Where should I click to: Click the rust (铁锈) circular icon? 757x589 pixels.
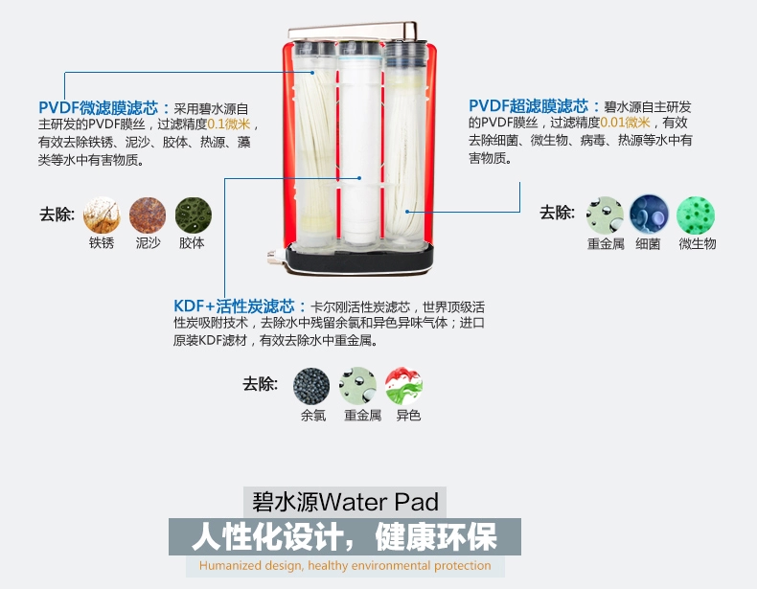(102, 215)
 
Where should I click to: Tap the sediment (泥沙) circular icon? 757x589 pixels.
(148, 215)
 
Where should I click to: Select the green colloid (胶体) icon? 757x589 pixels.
(194, 215)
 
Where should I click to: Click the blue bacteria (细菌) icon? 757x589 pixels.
(650, 215)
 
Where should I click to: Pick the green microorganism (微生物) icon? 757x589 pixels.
(696, 215)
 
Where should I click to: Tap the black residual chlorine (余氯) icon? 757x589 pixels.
(311, 386)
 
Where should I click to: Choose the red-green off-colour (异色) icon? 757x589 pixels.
(404, 386)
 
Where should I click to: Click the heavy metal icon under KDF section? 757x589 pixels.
(357, 386)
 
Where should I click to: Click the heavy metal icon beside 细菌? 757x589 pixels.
(605, 215)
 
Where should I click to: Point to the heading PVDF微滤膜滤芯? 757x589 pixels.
(99, 107)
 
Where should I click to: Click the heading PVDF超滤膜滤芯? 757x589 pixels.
(529, 105)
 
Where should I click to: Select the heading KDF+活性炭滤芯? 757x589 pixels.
(234, 306)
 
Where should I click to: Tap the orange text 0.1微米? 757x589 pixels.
(229, 124)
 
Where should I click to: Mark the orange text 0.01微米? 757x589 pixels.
(625, 123)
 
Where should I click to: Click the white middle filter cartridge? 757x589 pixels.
(360, 145)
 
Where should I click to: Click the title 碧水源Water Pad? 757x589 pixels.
(345, 502)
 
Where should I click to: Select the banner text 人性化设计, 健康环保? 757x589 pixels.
(344, 536)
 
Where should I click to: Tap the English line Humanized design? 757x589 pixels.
(345, 565)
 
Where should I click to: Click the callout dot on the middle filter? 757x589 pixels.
(359, 178)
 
